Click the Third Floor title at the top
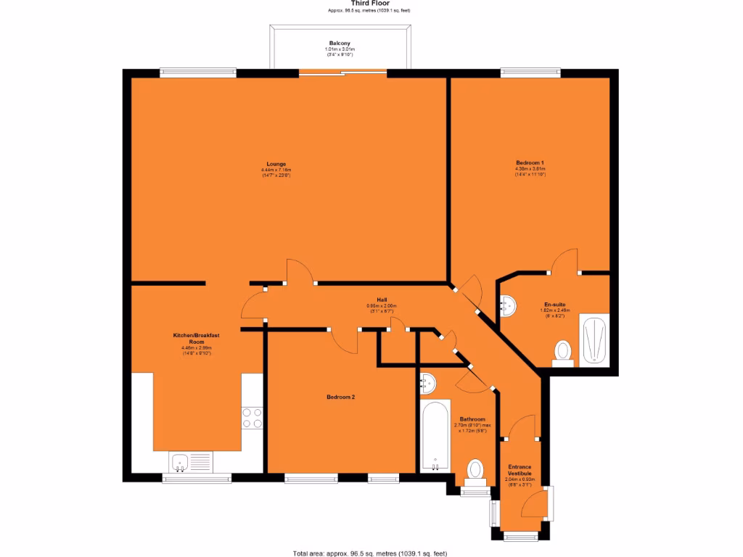[x=370, y=4]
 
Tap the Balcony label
[x=340, y=44]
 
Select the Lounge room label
[x=276, y=165]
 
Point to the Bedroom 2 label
[x=340, y=397]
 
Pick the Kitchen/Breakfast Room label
[x=196, y=338]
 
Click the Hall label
[x=382, y=300]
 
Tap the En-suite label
[x=555, y=305]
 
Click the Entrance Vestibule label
[x=519, y=469]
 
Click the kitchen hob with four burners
[x=253, y=418]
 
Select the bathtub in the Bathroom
[x=435, y=436]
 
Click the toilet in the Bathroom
[x=476, y=470]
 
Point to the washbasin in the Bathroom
[x=427, y=381]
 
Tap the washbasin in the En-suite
[x=508, y=305]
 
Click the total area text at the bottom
[x=370, y=553]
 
